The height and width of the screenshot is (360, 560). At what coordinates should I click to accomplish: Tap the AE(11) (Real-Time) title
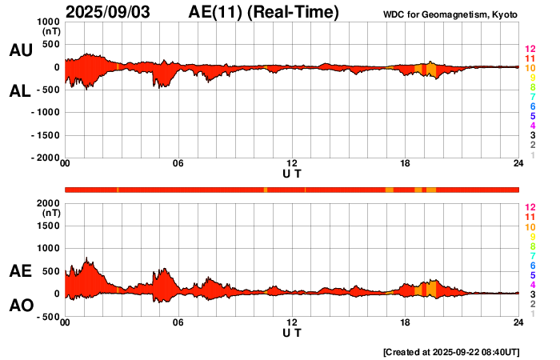[264, 12]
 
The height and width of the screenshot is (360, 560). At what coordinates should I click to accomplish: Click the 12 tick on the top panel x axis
[292, 163]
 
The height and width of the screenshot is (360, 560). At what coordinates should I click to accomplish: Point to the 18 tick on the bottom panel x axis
[406, 322]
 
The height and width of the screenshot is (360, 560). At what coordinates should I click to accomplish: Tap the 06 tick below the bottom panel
[178, 322]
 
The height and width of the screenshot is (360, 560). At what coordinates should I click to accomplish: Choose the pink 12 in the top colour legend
[530, 50]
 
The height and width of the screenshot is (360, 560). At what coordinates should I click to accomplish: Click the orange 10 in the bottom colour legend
[530, 227]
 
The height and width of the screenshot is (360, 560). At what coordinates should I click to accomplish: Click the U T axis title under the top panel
[292, 173]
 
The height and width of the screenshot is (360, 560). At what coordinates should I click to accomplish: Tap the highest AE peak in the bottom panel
[86, 258]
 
